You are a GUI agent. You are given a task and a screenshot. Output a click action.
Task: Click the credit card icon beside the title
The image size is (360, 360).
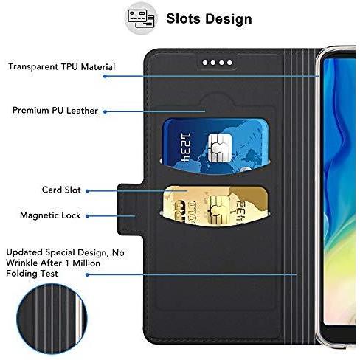[141, 18]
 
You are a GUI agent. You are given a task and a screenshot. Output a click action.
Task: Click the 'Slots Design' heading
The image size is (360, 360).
[209, 19]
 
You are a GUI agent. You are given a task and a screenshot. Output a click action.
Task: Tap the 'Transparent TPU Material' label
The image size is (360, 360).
[61, 67]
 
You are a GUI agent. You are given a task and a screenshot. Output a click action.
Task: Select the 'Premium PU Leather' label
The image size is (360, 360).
[55, 111]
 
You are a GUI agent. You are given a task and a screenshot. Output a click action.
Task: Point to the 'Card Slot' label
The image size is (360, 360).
[61, 190]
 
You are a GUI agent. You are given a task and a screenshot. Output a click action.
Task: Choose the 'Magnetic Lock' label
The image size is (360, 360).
[50, 215]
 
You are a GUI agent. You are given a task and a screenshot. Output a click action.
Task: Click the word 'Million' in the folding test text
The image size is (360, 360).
[86, 263]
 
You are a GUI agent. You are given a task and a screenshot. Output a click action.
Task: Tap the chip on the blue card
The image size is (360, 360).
[220, 148]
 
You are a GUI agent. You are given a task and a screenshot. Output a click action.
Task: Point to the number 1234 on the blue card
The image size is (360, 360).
[185, 148]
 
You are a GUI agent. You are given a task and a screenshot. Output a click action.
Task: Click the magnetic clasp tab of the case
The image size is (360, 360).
[130, 210]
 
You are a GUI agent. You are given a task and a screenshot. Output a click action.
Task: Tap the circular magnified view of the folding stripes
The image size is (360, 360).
[52, 319]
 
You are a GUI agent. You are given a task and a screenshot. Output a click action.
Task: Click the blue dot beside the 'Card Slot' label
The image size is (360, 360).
[87, 191]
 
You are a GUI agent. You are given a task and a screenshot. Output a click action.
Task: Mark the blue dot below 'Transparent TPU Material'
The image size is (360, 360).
[105, 76]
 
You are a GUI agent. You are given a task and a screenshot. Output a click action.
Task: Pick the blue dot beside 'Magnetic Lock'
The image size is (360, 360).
[87, 216]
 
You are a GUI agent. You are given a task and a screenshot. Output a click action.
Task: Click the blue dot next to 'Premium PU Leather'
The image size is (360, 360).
[105, 111]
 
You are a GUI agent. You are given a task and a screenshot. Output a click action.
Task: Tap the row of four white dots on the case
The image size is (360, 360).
[218, 63]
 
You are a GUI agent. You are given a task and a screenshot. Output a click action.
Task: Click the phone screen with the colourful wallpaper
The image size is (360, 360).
[339, 192]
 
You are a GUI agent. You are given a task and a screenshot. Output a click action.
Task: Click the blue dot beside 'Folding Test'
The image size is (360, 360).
[87, 274]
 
